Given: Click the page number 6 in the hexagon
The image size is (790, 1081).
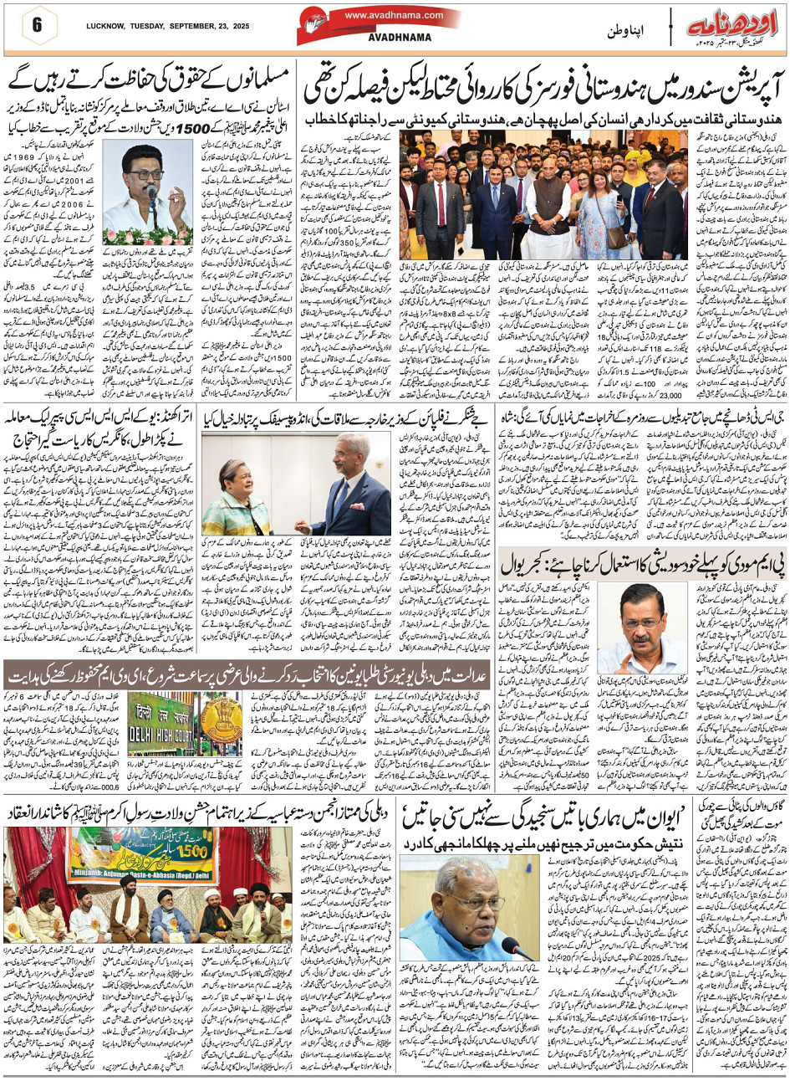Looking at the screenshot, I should pyautogui.click(x=37, y=23).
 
